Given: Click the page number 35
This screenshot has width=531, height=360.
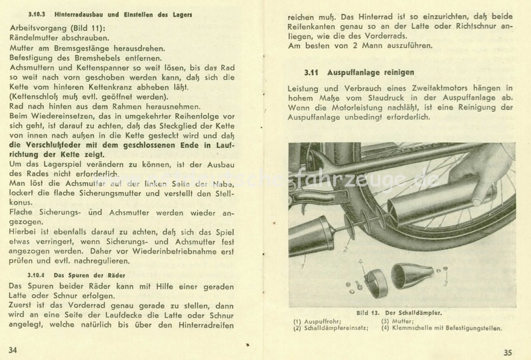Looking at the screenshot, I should [508, 352].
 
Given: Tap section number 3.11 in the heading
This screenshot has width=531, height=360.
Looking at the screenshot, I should [313, 71].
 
